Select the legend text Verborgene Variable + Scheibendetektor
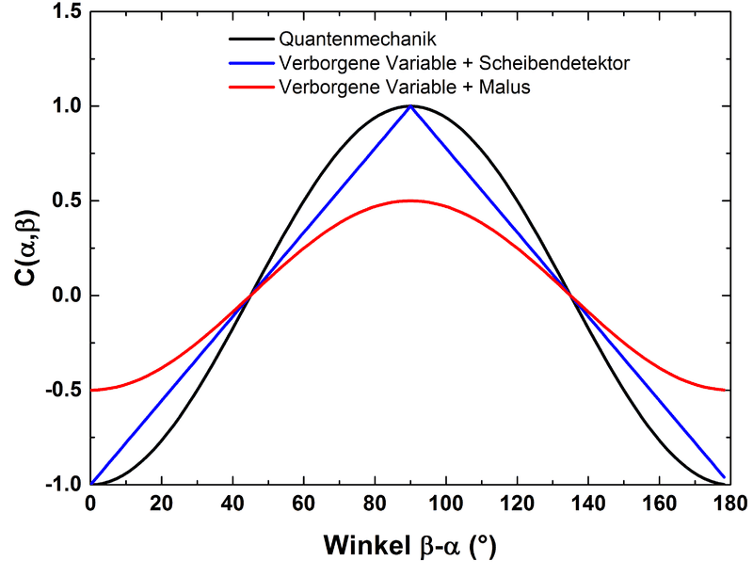pyautogui.click(x=454, y=64)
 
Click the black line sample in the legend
pyautogui.click(x=251, y=40)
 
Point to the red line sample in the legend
pyautogui.click(x=251, y=88)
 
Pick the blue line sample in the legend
pyautogui.click(x=251, y=64)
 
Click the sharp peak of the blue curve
pyautogui.click(x=410, y=106)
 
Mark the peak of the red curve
pyautogui.click(x=410, y=200)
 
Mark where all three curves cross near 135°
pyautogui.click(x=570, y=295)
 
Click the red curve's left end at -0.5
pyautogui.click(x=91, y=390)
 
